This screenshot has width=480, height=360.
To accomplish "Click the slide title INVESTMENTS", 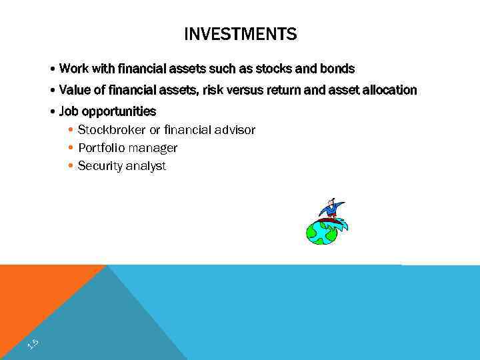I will click(x=240, y=34).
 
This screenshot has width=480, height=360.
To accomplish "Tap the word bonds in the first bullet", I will click(x=339, y=69).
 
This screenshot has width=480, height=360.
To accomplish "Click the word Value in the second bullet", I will click(x=74, y=90).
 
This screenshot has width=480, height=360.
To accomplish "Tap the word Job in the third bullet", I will click(x=69, y=111).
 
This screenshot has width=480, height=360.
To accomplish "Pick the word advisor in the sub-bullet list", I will click(x=234, y=129).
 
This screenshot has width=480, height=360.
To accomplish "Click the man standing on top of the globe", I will click(x=330, y=208).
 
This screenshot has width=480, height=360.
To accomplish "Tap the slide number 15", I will click(x=33, y=344).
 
